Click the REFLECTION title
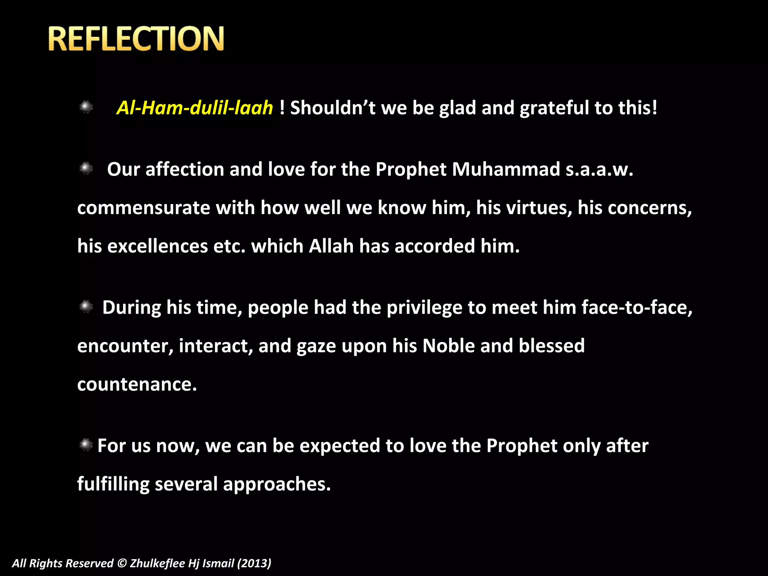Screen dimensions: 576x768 (136, 39)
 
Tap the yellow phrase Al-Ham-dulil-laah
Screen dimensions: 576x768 (195, 108)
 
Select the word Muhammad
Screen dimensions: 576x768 (506, 169)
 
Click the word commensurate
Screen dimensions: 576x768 (143, 208)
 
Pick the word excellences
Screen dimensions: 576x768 (157, 246)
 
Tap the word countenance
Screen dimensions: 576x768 (137, 385)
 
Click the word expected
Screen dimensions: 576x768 (340, 446)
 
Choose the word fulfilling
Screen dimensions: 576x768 (113, 484)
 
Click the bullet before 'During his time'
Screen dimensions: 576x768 (86, 307)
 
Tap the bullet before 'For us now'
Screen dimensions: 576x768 (86, 445)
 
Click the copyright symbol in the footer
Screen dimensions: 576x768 (122, 563)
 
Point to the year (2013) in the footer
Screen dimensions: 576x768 (254, 563)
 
